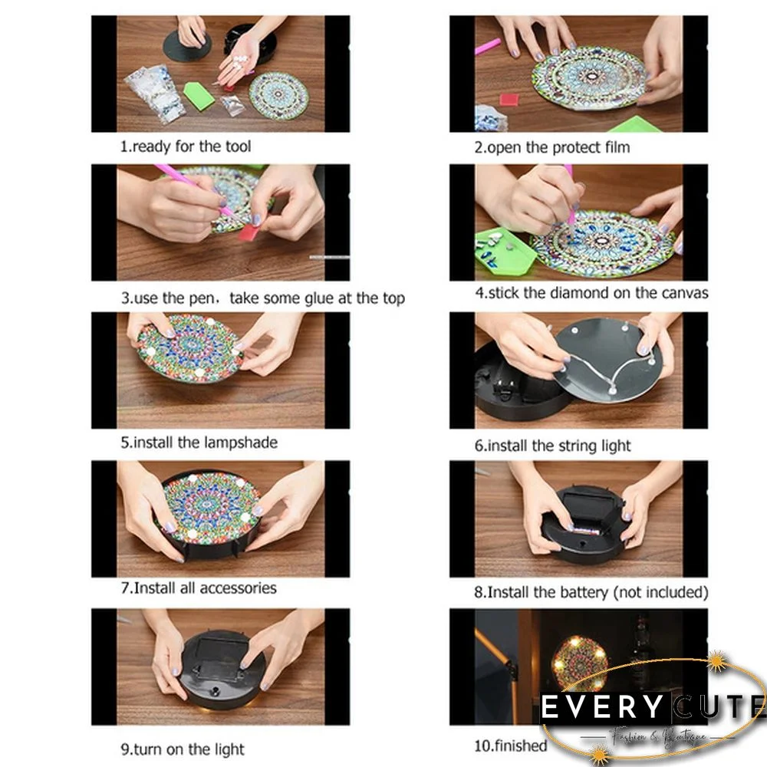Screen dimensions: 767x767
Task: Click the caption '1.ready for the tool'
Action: point(186,146)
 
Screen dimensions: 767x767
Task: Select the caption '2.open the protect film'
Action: point(551,147)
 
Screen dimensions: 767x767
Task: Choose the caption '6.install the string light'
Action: point(552,446)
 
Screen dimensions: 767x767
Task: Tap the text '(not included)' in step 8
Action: point(660,592)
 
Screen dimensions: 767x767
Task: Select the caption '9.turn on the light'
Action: point(183,749)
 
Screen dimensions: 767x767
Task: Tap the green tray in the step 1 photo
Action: point(199,96)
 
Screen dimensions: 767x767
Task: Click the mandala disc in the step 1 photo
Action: point(278,95)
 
